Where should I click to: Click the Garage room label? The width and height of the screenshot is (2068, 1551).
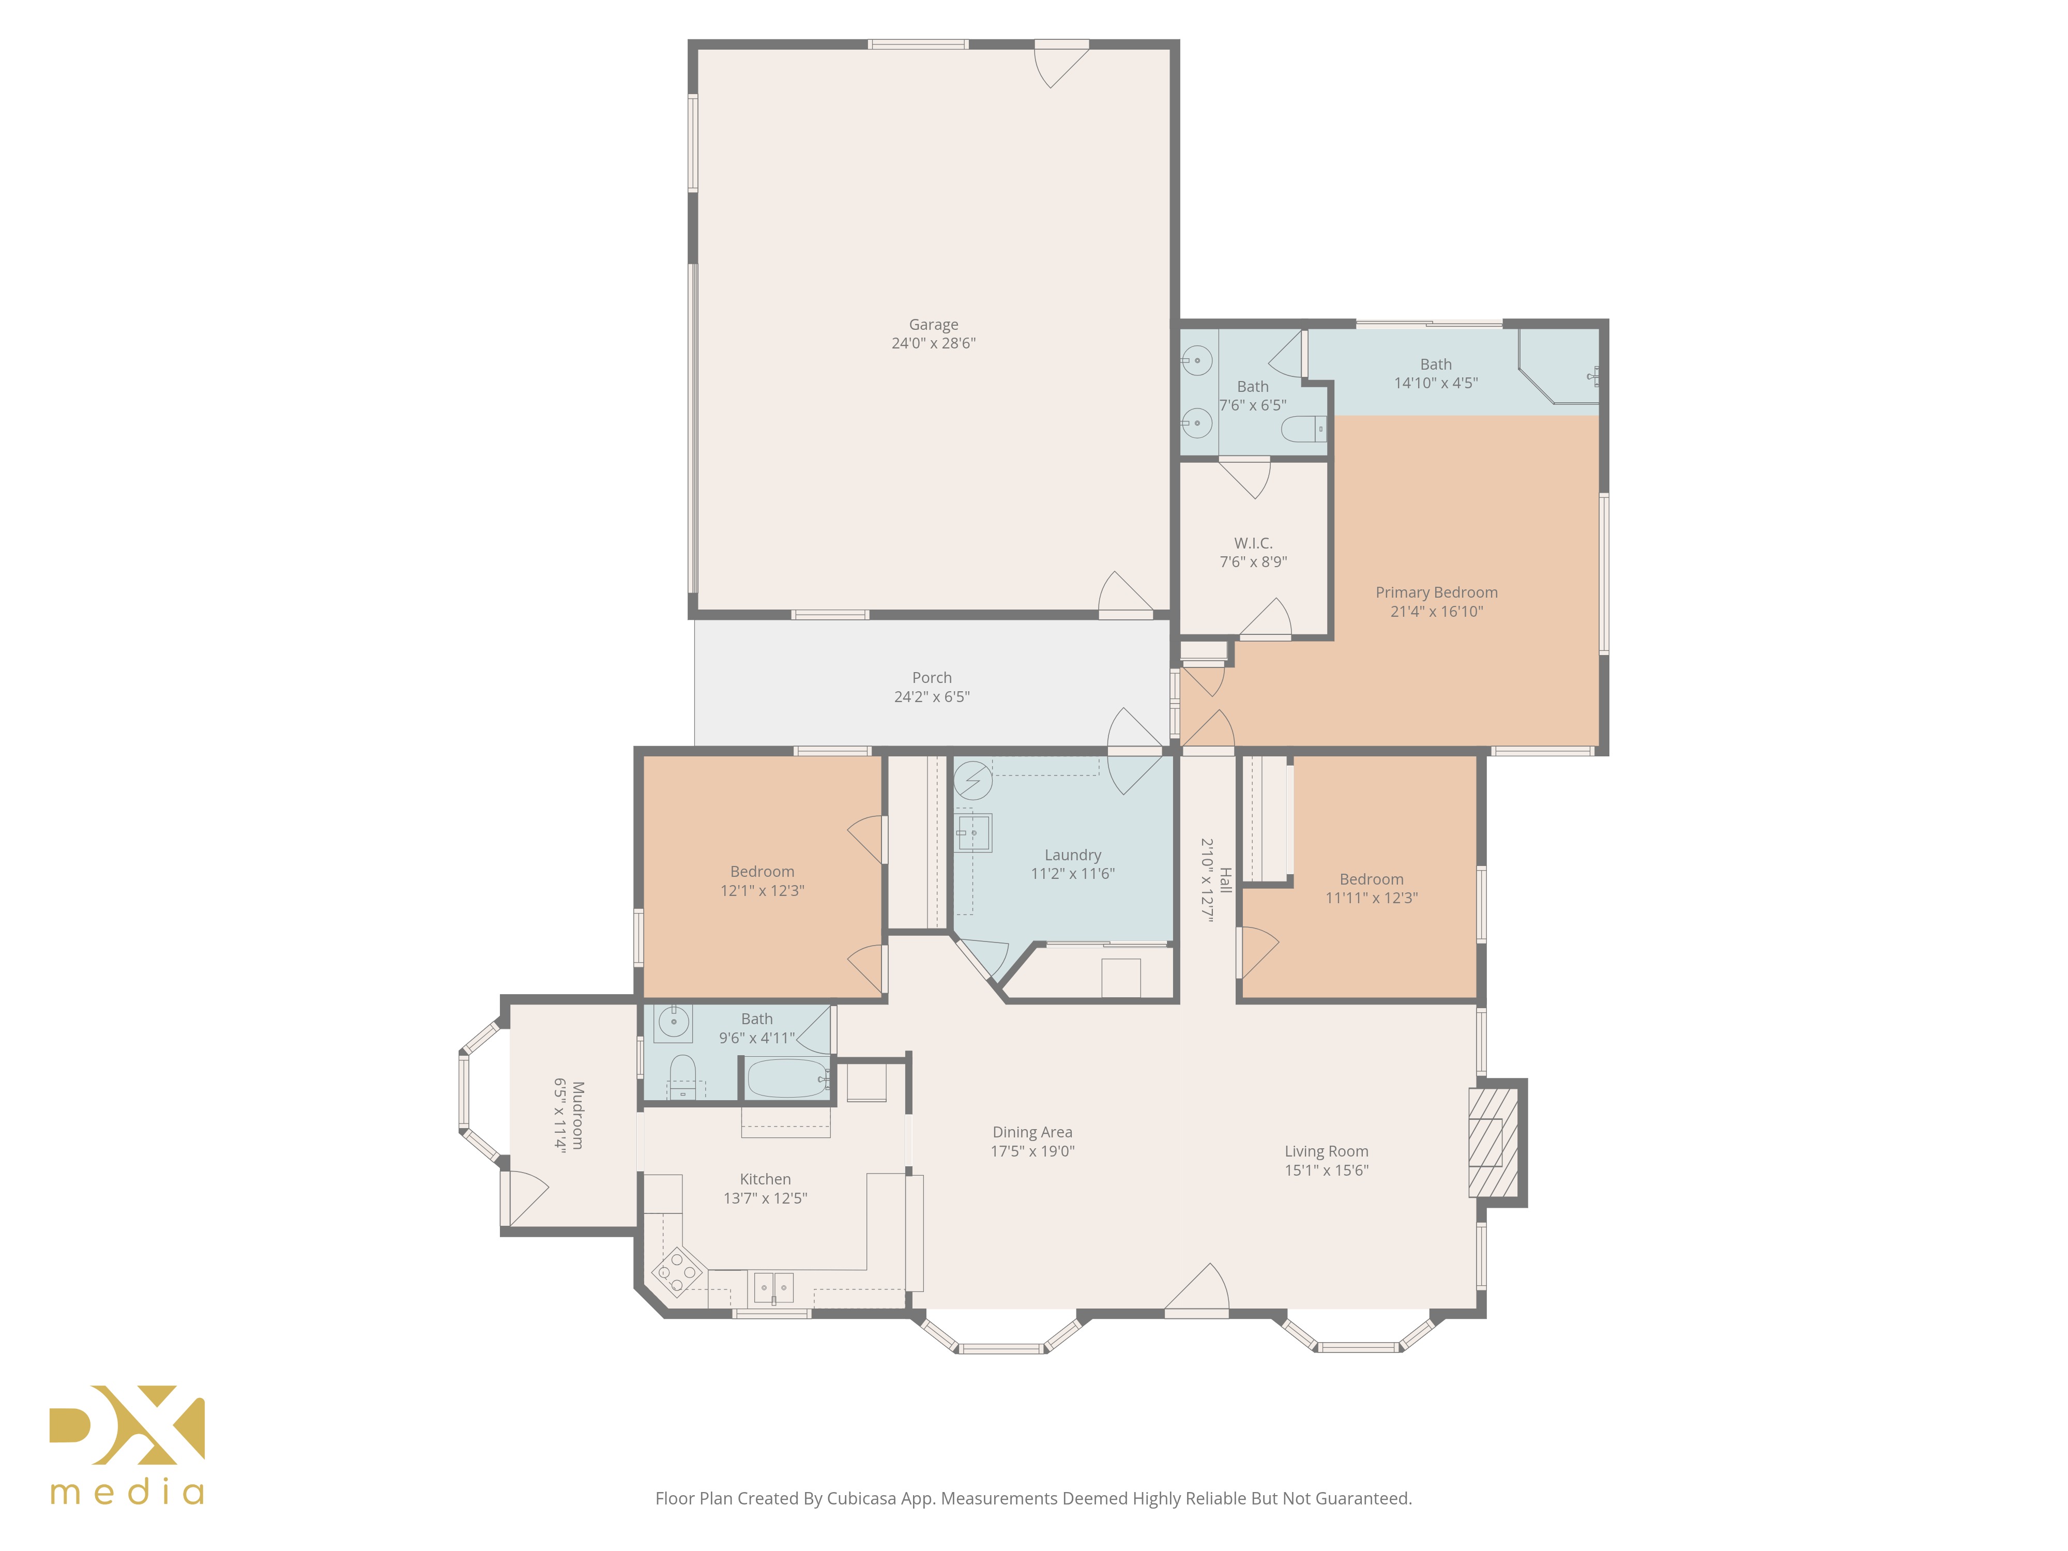[x=933, y=324]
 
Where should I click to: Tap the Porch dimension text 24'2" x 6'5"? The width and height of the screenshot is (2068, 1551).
[x=932, y=696]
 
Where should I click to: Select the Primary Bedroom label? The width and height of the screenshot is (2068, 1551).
[x=1436, y=592]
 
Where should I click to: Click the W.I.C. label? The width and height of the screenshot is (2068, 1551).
[x=1253, y=543]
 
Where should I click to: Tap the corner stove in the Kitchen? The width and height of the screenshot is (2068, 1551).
[x=677, y=1271]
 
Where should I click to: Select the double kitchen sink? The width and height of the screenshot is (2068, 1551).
[x=773, y=1287]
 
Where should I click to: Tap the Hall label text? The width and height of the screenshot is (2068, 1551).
[x=1226, y=880]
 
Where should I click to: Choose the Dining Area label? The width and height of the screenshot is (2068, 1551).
[x=1032, y=1132]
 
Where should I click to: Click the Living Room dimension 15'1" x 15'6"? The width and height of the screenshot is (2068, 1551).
[x=1326, y=1169]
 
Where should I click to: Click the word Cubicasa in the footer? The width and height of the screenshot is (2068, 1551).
[x=861, y=1499]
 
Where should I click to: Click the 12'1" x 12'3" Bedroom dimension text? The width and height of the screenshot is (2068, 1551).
[x=762, y=890]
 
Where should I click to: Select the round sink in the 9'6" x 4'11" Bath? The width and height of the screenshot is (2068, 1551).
[x=673, y=1022]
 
